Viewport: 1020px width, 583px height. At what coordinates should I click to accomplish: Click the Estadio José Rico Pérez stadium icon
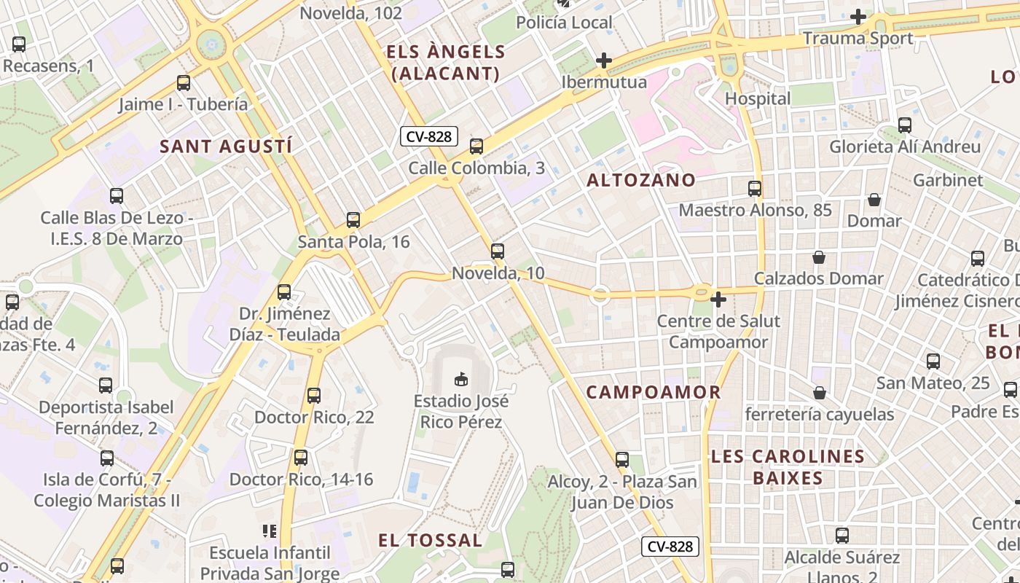click(461, 379)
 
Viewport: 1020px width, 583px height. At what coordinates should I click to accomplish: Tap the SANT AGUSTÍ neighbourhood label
click(226, 146)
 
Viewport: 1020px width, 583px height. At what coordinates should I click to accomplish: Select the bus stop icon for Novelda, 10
click(498, 251)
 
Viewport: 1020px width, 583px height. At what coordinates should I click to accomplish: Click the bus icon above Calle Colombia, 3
click(476, 146)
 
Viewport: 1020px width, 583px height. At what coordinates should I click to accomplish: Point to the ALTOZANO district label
click(641, 180)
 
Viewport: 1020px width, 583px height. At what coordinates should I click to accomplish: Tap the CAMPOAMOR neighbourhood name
click(654, 392)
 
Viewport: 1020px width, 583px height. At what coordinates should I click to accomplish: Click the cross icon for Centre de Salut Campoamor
click(718, 299)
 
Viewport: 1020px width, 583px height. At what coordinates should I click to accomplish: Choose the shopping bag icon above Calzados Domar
click(819, 257)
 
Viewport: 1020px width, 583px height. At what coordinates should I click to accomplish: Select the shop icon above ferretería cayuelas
click(820, 394)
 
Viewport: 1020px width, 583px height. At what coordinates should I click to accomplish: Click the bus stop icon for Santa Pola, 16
click(353, 219)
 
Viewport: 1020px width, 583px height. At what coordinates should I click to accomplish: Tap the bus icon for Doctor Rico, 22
click(314, 396)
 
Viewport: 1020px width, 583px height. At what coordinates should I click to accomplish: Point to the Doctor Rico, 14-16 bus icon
click(301, 458)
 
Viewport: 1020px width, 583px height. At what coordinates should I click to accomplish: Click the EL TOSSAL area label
click(430, 540)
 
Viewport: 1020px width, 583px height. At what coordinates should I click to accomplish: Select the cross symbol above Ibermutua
click(604, 60)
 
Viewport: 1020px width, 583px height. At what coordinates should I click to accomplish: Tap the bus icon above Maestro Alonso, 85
click(755, 189)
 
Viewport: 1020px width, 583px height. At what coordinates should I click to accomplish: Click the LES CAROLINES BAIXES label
click(787, 467)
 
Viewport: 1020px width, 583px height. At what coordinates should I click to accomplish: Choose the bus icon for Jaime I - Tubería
click(184, 83)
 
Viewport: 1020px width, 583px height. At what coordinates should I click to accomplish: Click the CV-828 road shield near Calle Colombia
click(429, 136)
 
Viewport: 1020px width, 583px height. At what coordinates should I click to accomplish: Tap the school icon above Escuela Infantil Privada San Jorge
click(270, 531)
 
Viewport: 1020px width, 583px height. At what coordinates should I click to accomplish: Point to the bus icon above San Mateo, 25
click(933, 361)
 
